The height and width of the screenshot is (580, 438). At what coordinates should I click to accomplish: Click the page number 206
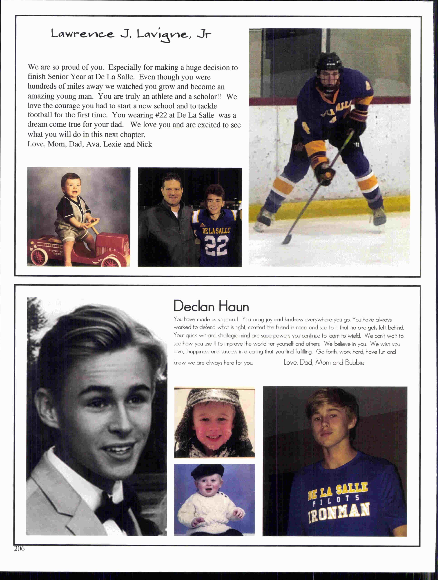click(x=19, y=549)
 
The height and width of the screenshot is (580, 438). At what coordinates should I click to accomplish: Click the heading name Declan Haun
click(x=211, y=306)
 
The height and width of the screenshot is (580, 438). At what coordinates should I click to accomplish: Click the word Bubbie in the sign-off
click(x=355, y=363)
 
